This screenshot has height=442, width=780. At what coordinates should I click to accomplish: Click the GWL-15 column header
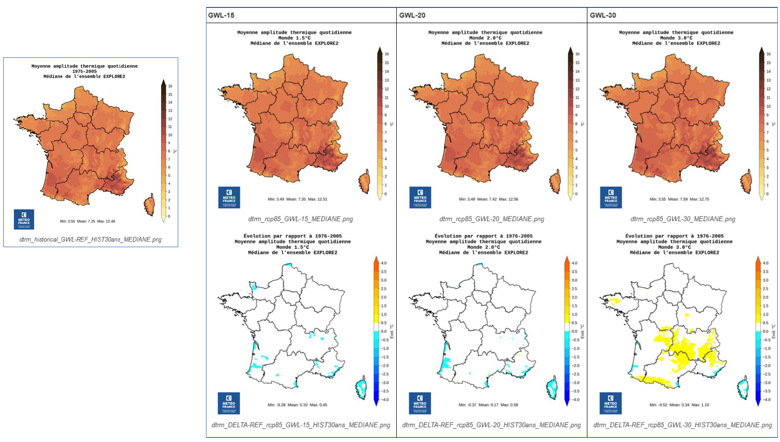pyautogui.click(x=221, y=15)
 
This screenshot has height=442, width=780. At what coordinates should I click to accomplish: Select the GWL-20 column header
pyautogui.click(x=412, y=15)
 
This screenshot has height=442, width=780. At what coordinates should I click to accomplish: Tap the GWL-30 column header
pyautogui.click(x=603, y=15)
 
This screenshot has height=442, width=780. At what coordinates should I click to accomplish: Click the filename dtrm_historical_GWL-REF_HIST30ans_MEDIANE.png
pyautogui.click(x=91, y=239)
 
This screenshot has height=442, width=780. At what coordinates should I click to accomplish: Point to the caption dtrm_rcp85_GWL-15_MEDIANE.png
pyautogui.click(x=300, y=219)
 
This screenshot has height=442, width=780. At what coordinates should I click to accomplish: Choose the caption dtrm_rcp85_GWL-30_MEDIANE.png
pyautogui.click(x=683, y=219)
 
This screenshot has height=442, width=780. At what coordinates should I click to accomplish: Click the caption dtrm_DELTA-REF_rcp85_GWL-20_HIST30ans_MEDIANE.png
pyautogui.click(x=492, y=425)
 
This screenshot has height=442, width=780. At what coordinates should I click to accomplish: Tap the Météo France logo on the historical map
pyautogui.click(x=24, y=219)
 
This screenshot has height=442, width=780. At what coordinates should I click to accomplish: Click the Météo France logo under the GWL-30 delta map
pyautogui.click(x=611, y=403)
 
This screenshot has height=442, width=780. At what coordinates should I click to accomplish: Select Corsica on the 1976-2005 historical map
pyautogui.click(x=149, y=205)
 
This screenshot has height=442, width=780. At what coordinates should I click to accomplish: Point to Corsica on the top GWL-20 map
pyautogui.click(x=555, y=181)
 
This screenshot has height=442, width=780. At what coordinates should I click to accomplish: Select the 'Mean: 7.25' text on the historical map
pyautogui.click(x=86, y=221)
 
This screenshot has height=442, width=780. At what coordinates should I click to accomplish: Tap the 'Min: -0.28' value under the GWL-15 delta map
pyautogui.click(x=276, y=405)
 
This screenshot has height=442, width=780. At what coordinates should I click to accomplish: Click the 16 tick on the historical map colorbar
pyautogui.click(x=170, y=86)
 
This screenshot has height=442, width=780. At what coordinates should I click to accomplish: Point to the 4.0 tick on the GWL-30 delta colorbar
pyautogui.click(x=765, y=263)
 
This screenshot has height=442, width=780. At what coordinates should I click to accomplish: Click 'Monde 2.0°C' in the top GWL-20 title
pyautogui.click(x=485, y=38)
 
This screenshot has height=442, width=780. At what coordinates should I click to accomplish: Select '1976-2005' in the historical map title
pyautogui.click(x=85, y=71)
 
